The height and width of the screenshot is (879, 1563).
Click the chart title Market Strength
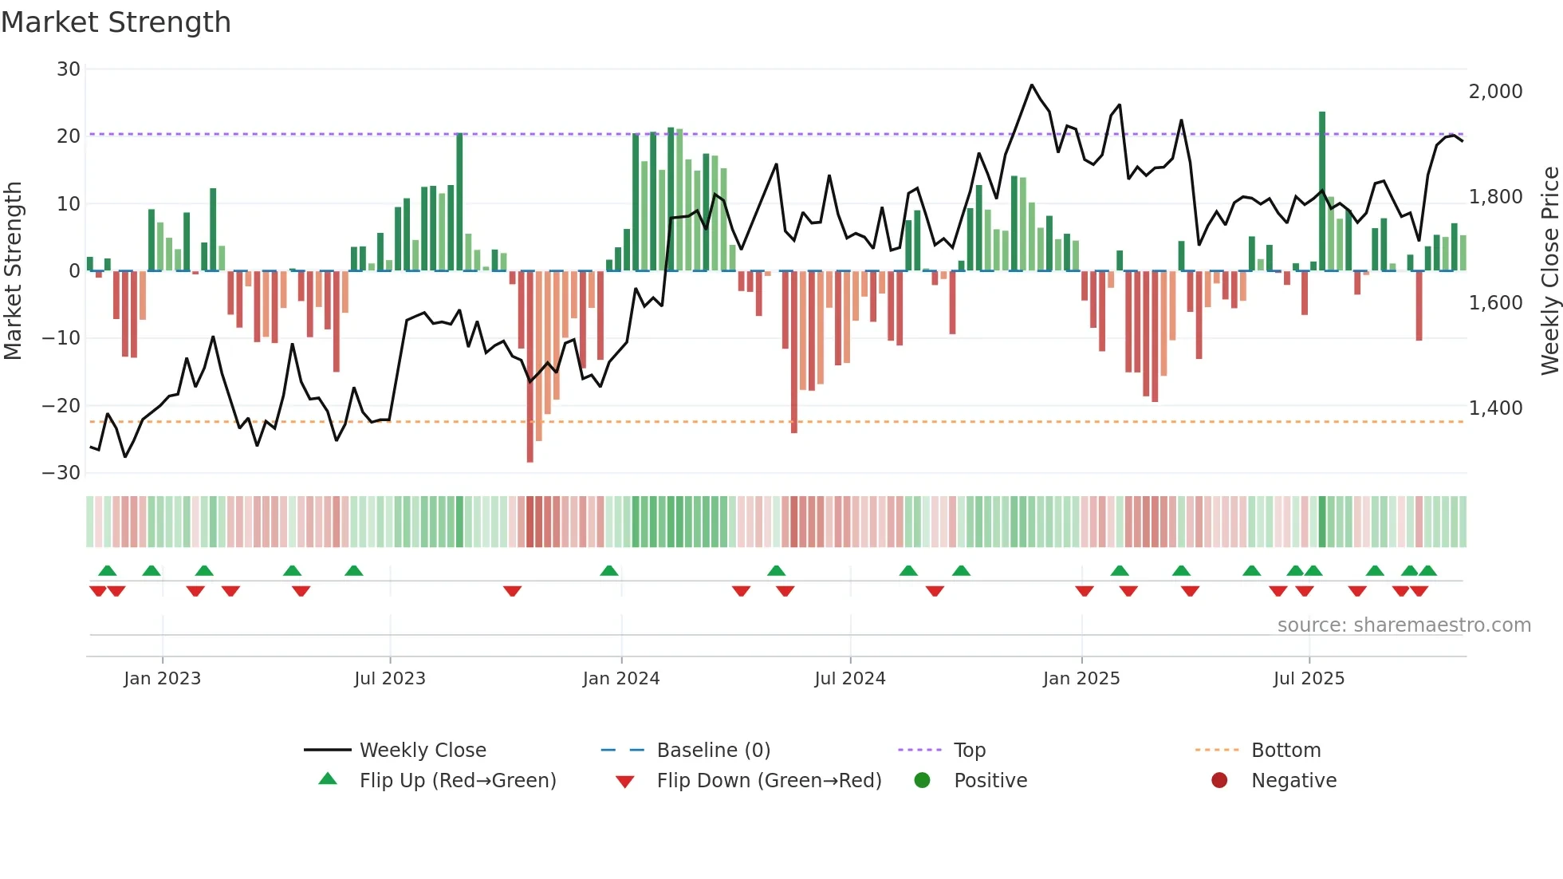pyautogui.click(x=116, y=22)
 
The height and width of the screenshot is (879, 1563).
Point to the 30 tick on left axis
pyautogui.click(x=69, y=69)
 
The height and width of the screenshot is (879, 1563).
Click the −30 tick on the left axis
pyautogui.click(x=61, y=473)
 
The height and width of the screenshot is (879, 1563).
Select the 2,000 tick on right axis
pyautogui.click(x=1495, y=92)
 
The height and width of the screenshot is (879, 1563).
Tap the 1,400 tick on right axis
pyautogui.click(x=1495, y=408)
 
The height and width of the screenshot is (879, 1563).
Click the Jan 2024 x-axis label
pyautogui.click(x=621, y=679)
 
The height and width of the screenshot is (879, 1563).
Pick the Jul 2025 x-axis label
pyautogui.click(x=1309, y=679)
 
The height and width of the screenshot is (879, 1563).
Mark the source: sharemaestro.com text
pyautogui.click(x=1404, y=625)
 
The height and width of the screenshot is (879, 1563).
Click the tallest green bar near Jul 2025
pyautogui.click(x=1322, y=191)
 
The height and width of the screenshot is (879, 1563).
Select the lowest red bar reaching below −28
pyautogui.click(x=530, y=367)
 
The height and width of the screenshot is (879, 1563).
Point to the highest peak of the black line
pyautogui.click(x=1032, y=85)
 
